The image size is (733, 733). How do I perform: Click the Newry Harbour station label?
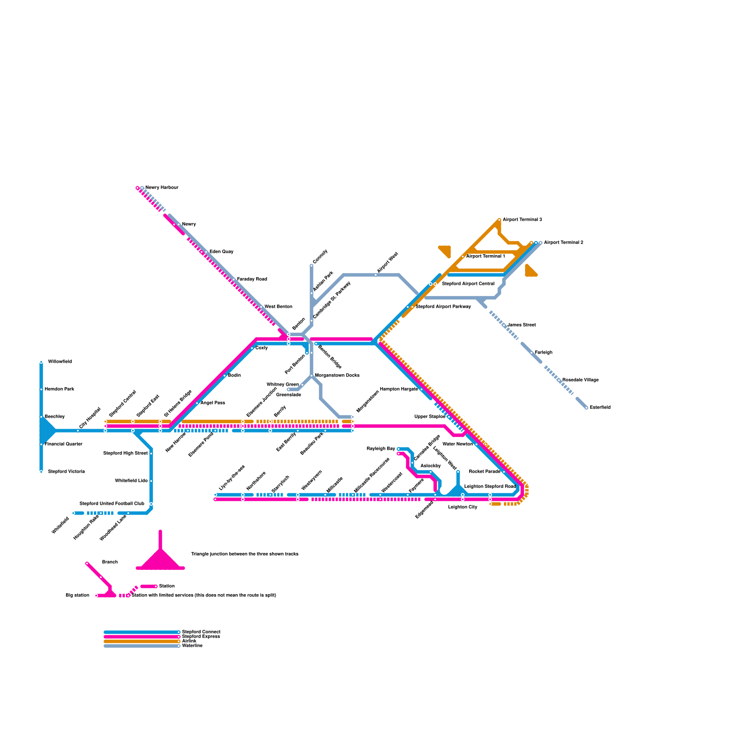(162, 187)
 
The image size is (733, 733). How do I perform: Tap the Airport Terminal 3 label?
(522, 219)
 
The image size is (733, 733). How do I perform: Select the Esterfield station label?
(600, 407)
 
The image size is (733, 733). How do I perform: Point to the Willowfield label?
(60, 361)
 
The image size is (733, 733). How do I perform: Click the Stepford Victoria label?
(66, 471)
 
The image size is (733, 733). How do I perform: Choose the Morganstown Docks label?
(337, 375)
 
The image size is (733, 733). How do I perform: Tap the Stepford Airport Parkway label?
(443, 306)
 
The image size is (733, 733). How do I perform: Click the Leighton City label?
(463, 507)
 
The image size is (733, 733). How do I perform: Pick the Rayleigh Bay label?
(381, 449)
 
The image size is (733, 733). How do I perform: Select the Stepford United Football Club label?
(112, 503)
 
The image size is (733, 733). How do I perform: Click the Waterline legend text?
(192, 645)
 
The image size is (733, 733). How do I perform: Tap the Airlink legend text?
(189, 641)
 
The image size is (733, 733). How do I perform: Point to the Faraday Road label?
(252, 279)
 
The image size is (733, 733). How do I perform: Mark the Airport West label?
(388, 263)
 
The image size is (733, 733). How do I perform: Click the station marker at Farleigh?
(531, 353)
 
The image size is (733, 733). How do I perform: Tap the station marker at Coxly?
(252, 348)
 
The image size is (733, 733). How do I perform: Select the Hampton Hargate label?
(399, 389)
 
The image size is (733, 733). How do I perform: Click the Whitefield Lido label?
(131, 481)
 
